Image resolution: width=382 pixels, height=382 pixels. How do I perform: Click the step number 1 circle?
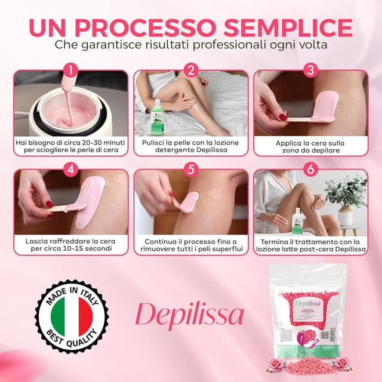click(71, 71)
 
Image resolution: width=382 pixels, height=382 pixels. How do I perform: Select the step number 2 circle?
click(191, 71)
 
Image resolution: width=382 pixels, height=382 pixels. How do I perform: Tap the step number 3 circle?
click(310, 71)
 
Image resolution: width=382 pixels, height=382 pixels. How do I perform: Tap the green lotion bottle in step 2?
click(157, 117)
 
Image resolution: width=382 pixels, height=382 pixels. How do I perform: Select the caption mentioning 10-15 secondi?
click(71, 246)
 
